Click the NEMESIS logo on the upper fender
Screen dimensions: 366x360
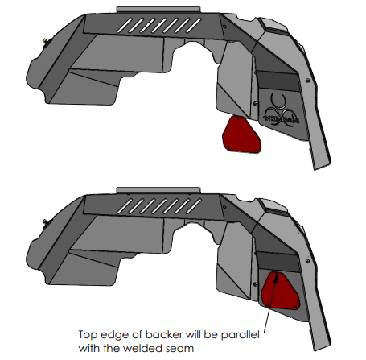(x=282, y=111)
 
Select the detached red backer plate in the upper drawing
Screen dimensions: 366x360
(x=241, y=135)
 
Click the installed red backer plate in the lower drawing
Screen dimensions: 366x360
(x=280, y=291)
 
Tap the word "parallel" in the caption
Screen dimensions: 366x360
(x=241, y=335)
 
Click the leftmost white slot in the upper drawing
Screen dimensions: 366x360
(x=125, y=26)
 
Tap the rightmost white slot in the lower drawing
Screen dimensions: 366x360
(x=194, y=206)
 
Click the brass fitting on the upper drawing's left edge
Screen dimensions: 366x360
(x=45, y=41)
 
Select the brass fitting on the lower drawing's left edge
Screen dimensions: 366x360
(x=45, y=221)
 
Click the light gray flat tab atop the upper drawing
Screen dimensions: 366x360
(x=158, y=10)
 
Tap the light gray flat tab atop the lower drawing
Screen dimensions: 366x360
(x=158, y=190)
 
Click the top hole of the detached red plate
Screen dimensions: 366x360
(x=237, y=118)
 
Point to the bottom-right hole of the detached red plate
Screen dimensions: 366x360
(x=257, y=150)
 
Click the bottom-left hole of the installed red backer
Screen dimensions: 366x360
(x=268, y=304)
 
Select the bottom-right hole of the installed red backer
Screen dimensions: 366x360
(x=295, y=307)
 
